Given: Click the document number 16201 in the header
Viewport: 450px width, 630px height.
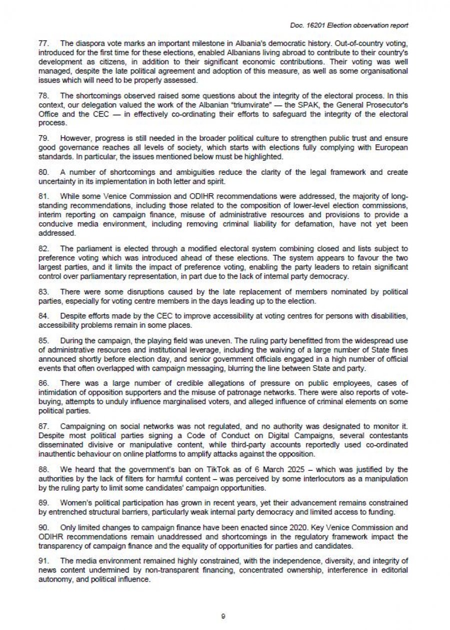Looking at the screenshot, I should [x=315, y=25].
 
